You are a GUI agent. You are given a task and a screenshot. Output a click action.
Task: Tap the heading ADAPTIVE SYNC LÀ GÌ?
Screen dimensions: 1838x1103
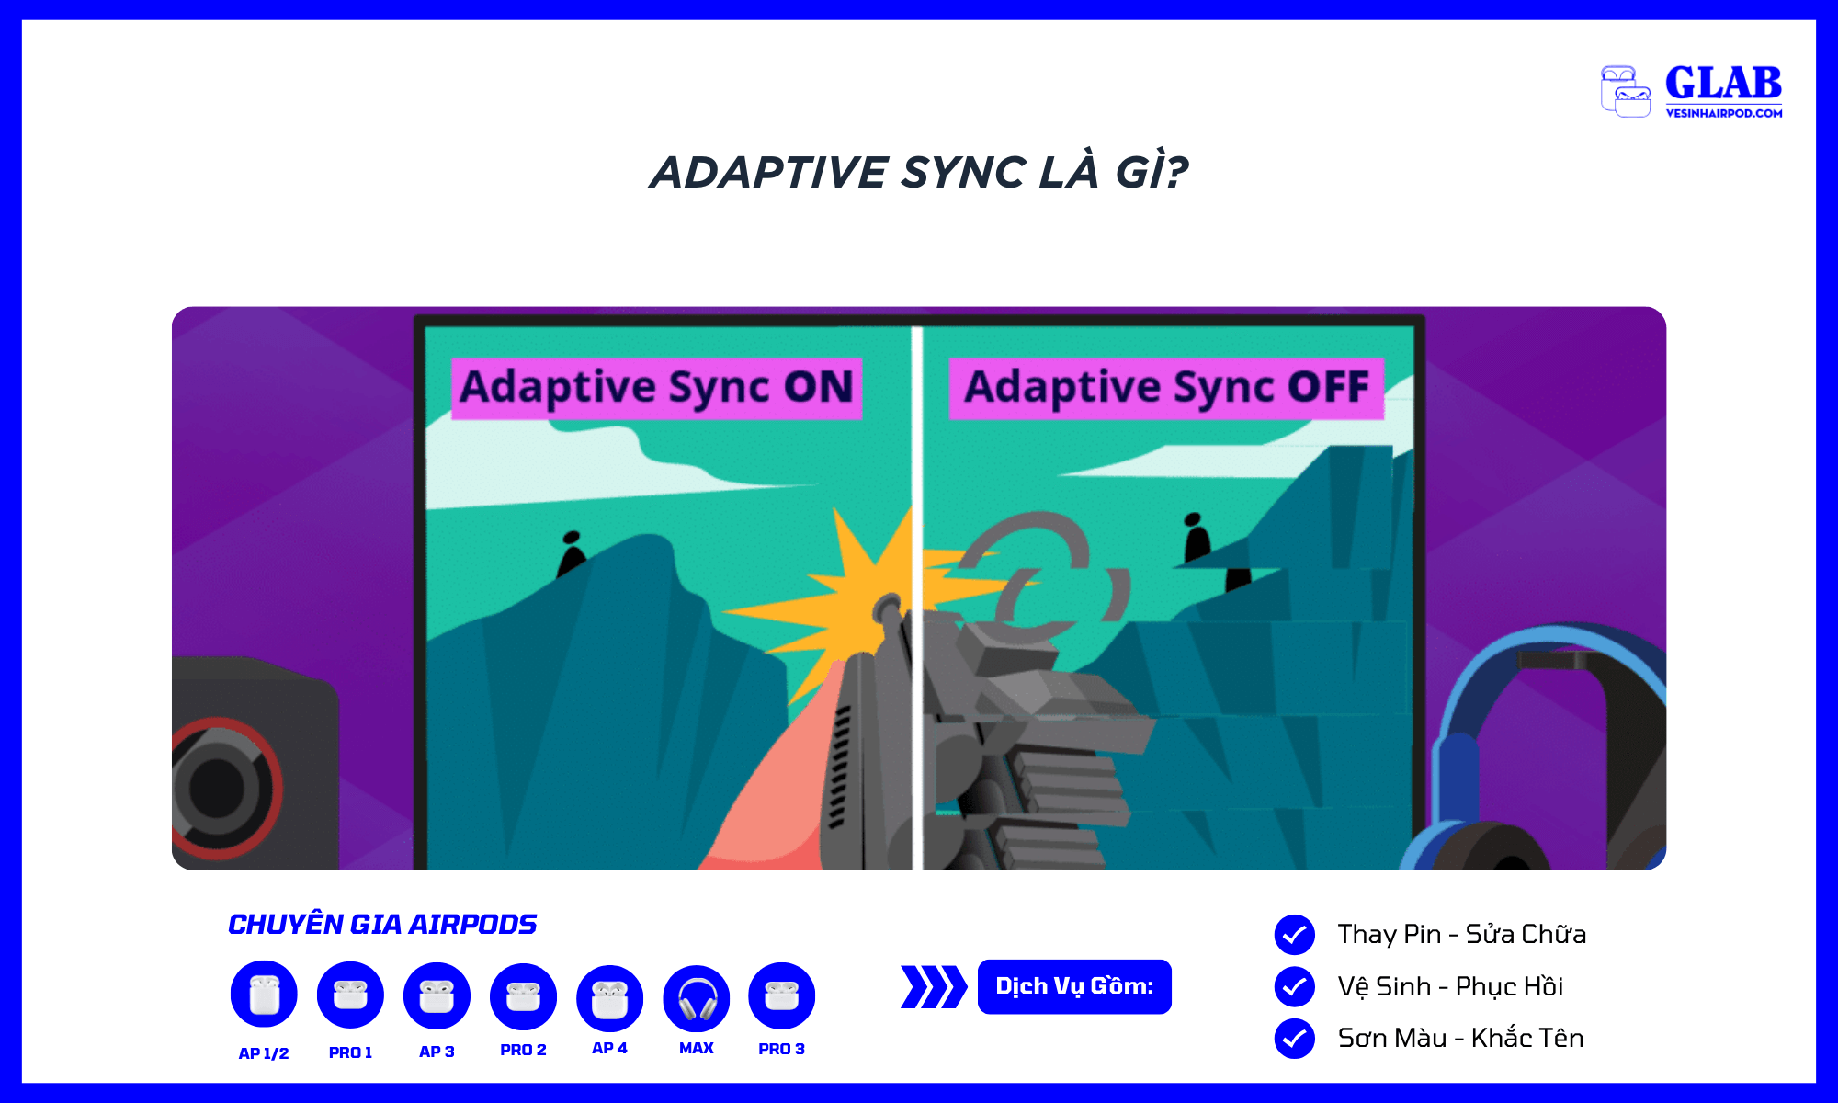919,172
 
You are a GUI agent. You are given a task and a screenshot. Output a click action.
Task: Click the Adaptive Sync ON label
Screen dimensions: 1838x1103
656,387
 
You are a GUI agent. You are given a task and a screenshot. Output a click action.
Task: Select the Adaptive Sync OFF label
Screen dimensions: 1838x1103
1166,387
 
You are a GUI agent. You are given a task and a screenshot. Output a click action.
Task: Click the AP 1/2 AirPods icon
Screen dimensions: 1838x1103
264,994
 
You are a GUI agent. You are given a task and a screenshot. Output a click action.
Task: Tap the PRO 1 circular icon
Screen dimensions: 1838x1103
350,995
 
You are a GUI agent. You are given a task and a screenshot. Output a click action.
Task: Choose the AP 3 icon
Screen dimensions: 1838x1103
437,995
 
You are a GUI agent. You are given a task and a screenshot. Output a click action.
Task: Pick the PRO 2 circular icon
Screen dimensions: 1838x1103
523,996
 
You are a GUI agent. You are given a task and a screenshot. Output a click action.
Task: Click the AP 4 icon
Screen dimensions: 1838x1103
609,998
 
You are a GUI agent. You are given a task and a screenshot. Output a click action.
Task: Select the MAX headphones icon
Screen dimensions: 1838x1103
696,998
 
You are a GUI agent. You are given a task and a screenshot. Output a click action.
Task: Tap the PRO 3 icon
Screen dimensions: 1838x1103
781,995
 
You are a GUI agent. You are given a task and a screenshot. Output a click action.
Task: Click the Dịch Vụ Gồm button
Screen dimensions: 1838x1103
1074,986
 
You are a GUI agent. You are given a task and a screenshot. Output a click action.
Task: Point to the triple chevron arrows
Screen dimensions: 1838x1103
934,987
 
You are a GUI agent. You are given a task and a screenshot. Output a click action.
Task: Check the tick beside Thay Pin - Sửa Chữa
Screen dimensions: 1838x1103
1294,935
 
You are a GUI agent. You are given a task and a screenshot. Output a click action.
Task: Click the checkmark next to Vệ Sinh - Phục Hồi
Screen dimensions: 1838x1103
1294,986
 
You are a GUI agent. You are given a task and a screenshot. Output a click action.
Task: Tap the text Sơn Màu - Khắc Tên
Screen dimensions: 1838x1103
1460,1038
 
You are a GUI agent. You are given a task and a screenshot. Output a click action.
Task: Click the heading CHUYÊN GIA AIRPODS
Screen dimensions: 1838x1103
382,924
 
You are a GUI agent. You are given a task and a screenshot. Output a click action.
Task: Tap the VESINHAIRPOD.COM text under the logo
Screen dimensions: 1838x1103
1724,113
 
